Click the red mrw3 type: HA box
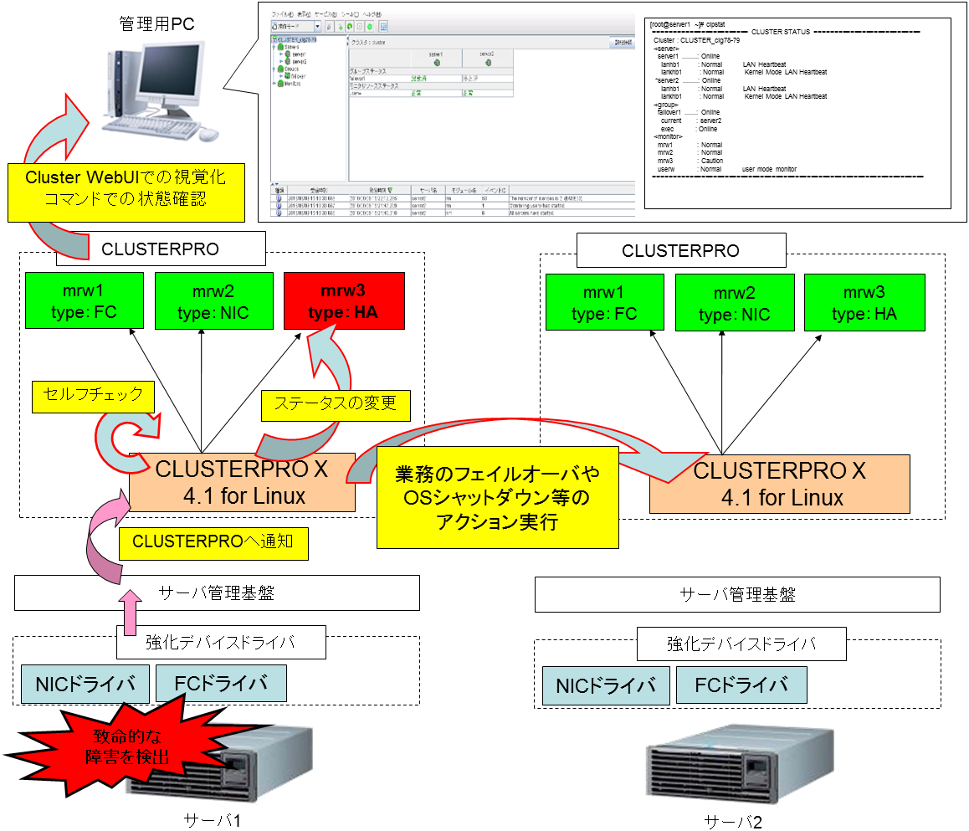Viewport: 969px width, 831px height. [x=344, y=303]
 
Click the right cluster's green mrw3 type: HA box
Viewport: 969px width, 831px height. [x=863, y=303]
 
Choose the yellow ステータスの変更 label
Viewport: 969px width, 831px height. [x=336, y=405]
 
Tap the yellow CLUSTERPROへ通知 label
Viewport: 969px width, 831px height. [x=213, y=544]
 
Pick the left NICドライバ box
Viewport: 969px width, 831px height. [x=85, y=684]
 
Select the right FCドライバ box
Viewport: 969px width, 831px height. [x=741, y=685]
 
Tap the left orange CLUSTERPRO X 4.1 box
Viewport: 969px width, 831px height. [x=243, y=484]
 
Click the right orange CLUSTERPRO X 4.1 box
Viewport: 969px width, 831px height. [x=779, y=485]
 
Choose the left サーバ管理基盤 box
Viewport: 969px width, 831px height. [x=217, y=593]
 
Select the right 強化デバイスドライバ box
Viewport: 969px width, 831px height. [x=741, y=644]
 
